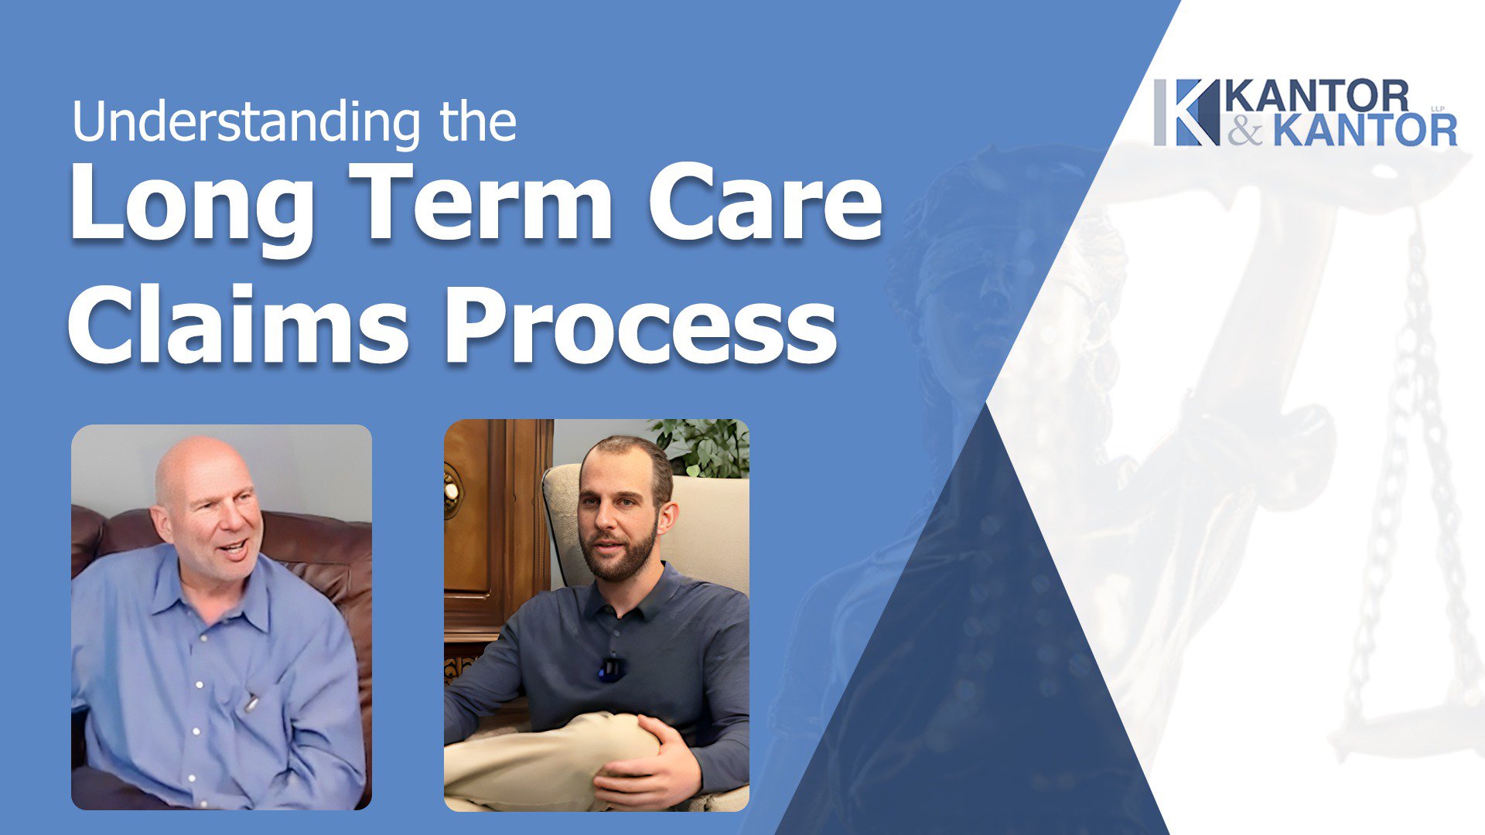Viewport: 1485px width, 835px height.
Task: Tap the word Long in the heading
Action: click(x=190, y=204)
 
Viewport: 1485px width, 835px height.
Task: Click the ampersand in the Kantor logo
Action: click(x=1244, y=131)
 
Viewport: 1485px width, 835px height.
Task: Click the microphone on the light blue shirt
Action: click(x=251, y=703)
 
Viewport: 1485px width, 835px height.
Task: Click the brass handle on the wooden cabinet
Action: click(x=451, y=490)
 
